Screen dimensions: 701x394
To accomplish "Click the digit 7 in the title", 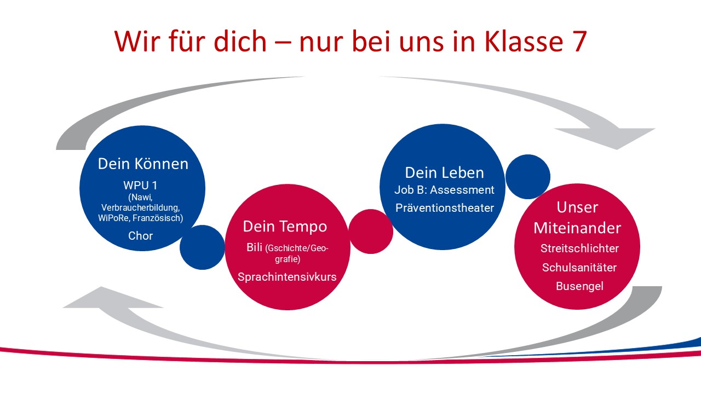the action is click(577, 42).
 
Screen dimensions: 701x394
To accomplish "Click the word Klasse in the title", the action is click(521, 41).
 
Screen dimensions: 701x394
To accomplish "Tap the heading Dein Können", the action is click(143, 164).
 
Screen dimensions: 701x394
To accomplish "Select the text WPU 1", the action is click(140, 186).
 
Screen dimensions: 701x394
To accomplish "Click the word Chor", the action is click(141, 236).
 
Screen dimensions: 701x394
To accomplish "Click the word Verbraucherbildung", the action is click(141, 207).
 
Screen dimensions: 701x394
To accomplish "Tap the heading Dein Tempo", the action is click(285, 227).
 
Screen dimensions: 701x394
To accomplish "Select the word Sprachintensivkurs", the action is click(287, 277).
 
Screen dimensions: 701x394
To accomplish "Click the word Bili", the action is click(254, 247).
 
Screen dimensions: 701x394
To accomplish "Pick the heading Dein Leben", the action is click(444, 173).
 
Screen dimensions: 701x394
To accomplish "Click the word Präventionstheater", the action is click(445, 208).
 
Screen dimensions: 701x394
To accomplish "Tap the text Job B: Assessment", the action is click(444, 190).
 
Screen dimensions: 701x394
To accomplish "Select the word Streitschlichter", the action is click(579, 248).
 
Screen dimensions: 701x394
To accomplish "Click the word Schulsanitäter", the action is click(579, 268).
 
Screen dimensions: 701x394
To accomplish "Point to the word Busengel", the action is click(579, 286).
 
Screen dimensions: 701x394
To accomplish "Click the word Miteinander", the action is click(577, 228).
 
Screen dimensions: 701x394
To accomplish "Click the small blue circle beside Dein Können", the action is click(202, 247).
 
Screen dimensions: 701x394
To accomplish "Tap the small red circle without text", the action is click(371, 231).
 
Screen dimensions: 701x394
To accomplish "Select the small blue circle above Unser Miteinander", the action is click(528, 177).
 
